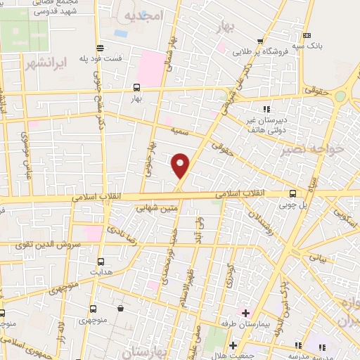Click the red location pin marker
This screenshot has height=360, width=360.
(x=181, y=165)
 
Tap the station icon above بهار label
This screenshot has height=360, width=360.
(x=136, y=89)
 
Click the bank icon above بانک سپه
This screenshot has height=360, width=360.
(x=307, y=35)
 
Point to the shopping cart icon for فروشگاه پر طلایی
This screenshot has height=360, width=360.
(x=260, y=41)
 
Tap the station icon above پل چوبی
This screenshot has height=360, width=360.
(x=293, y=194)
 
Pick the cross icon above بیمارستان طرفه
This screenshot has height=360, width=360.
(x=245, y=311)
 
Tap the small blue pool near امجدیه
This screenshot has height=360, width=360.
(x=122, y=32)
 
